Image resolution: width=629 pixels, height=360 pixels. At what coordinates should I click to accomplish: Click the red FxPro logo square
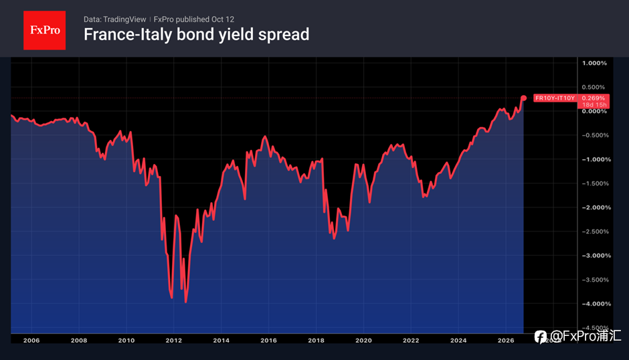(45, 31)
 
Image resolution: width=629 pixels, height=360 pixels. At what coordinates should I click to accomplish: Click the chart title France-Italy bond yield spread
(196, 35)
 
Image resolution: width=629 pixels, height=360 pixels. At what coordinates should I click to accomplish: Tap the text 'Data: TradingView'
(114, 19)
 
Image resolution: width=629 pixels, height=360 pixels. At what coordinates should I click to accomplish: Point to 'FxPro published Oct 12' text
(194, 19)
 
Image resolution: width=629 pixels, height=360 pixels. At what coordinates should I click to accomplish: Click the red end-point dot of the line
(523, 98)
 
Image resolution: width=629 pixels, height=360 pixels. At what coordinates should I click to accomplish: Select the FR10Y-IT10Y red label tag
(555, 98)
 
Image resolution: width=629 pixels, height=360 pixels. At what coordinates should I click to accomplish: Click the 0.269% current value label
(594, 98)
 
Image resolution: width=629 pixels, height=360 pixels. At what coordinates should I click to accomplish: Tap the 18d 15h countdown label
(594, 105)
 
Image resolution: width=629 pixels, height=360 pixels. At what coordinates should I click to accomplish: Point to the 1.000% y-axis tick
(594, 63)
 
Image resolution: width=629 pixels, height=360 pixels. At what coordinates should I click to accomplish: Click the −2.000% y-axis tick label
(596, 207)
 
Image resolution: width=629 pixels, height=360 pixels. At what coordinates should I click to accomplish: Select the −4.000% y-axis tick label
(596, 304)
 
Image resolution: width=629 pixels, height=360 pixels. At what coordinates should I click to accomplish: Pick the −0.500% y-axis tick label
(596, 135)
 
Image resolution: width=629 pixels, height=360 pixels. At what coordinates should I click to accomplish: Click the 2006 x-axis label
(31, 341)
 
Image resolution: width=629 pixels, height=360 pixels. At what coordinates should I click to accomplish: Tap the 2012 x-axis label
(174, 341)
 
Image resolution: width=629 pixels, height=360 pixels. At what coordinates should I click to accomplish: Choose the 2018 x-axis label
(316, 341)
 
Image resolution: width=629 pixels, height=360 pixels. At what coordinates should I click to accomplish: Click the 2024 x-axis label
(458, 341)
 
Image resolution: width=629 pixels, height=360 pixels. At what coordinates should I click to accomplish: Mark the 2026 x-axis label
(505, 341)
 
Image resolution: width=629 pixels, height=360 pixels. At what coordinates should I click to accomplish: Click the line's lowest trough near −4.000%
(185, 302)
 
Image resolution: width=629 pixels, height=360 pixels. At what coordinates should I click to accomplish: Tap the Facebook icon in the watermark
(541, 337)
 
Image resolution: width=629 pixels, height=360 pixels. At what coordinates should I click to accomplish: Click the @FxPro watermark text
(586, 336)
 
